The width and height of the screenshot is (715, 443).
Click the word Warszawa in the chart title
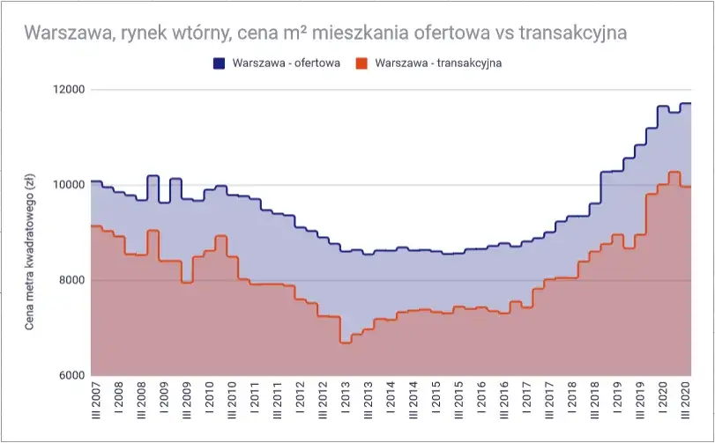coord(63,33)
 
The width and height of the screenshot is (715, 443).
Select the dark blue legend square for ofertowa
coord(219,63)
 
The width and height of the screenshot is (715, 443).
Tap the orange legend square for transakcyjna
coord(361,63)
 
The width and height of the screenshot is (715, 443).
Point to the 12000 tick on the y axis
coord(66,90)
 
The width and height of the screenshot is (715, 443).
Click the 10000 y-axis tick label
coord(66,185)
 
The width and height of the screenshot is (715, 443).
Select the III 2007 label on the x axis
coord(95,404)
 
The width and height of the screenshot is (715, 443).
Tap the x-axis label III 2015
coord(458,404)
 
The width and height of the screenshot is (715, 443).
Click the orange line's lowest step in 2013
coord(346,343)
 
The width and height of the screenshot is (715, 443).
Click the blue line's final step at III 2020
coord(685,104)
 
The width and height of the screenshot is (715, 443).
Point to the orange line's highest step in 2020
coord(674,173)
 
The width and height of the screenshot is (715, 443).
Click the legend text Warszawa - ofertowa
coord(287,63)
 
